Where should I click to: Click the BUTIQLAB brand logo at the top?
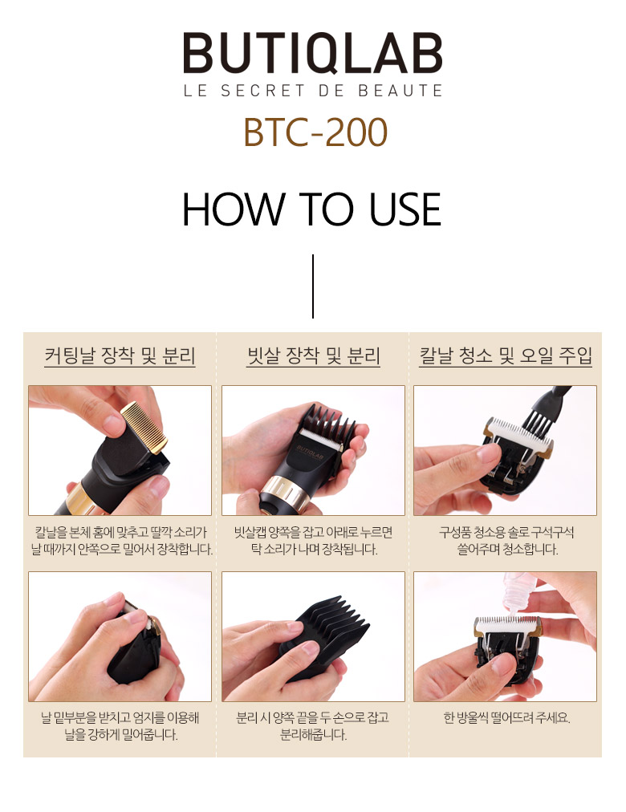[x=313, y=52]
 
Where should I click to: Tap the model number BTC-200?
[x=315, y=132]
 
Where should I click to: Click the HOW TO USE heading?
[x=311, y=209]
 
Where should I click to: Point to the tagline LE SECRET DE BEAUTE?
[x=313, y=91]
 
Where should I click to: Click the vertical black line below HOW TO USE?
[x=313, y=286]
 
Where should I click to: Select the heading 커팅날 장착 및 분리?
[x=120, y=355]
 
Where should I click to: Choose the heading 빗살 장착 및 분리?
[x=313, y=355]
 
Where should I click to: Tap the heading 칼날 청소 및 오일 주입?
[x=506, y=355]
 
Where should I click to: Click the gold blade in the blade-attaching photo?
[x=144, y=426]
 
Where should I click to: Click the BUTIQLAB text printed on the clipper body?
[x=310, y=453]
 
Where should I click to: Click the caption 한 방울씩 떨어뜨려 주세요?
[x=506, y=718]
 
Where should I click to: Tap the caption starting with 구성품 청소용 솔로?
[x=506, y=540]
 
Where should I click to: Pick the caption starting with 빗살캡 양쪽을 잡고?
[x=313, y=540]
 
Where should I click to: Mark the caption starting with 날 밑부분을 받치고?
[x=120, y=725]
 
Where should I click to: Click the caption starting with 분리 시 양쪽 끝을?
[x=313, y=725]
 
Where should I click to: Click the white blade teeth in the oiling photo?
[x=507, y=622]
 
